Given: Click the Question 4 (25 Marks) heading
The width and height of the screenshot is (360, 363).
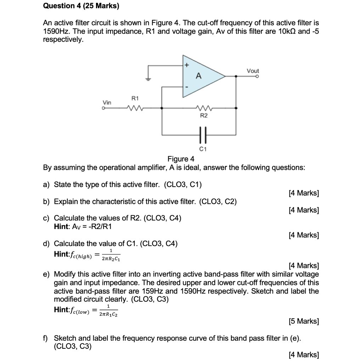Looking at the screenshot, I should pos(81,6).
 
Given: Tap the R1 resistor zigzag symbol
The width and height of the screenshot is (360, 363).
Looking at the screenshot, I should pos(135,107).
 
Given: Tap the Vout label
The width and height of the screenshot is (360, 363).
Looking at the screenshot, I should pos(253,71).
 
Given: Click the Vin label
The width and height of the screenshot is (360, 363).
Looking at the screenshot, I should pos(107,102).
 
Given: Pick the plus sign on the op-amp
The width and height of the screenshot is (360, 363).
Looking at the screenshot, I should pos(187,66).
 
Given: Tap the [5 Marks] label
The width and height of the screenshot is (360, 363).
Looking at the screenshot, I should pos(304,322).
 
